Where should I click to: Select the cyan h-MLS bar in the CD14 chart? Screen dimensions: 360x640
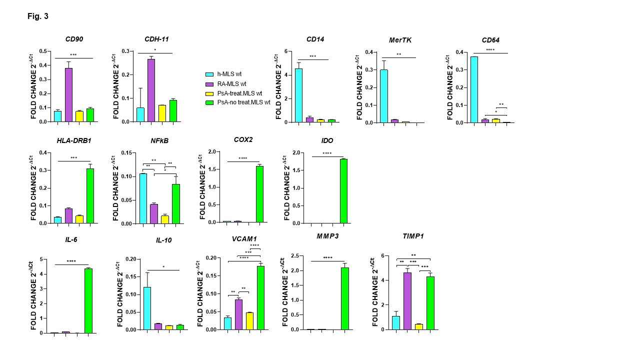click(x=298, y=95)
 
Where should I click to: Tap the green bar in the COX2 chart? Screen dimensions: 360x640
click(x=259, y=194)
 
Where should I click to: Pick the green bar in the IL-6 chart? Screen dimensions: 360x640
click(x=88, y=300)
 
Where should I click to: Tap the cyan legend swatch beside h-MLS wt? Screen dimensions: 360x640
click(x=210, y=74)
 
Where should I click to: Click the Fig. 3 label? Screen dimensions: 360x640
click(x=38, y=16)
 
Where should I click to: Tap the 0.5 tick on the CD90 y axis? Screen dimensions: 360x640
click(x=43, y=51)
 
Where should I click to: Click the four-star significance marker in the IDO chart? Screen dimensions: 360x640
click(x=327, y=153)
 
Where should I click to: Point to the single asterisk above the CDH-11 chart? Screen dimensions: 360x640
click(x=155, y=50)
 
